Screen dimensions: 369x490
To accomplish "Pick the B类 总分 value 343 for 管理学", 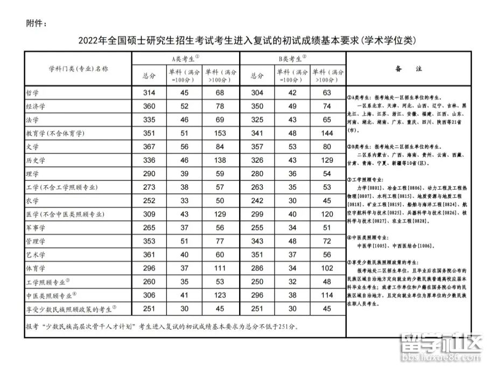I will click(257, 241).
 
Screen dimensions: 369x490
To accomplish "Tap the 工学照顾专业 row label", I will click(48, 281).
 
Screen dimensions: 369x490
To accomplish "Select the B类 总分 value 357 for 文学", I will click(257, 147).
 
